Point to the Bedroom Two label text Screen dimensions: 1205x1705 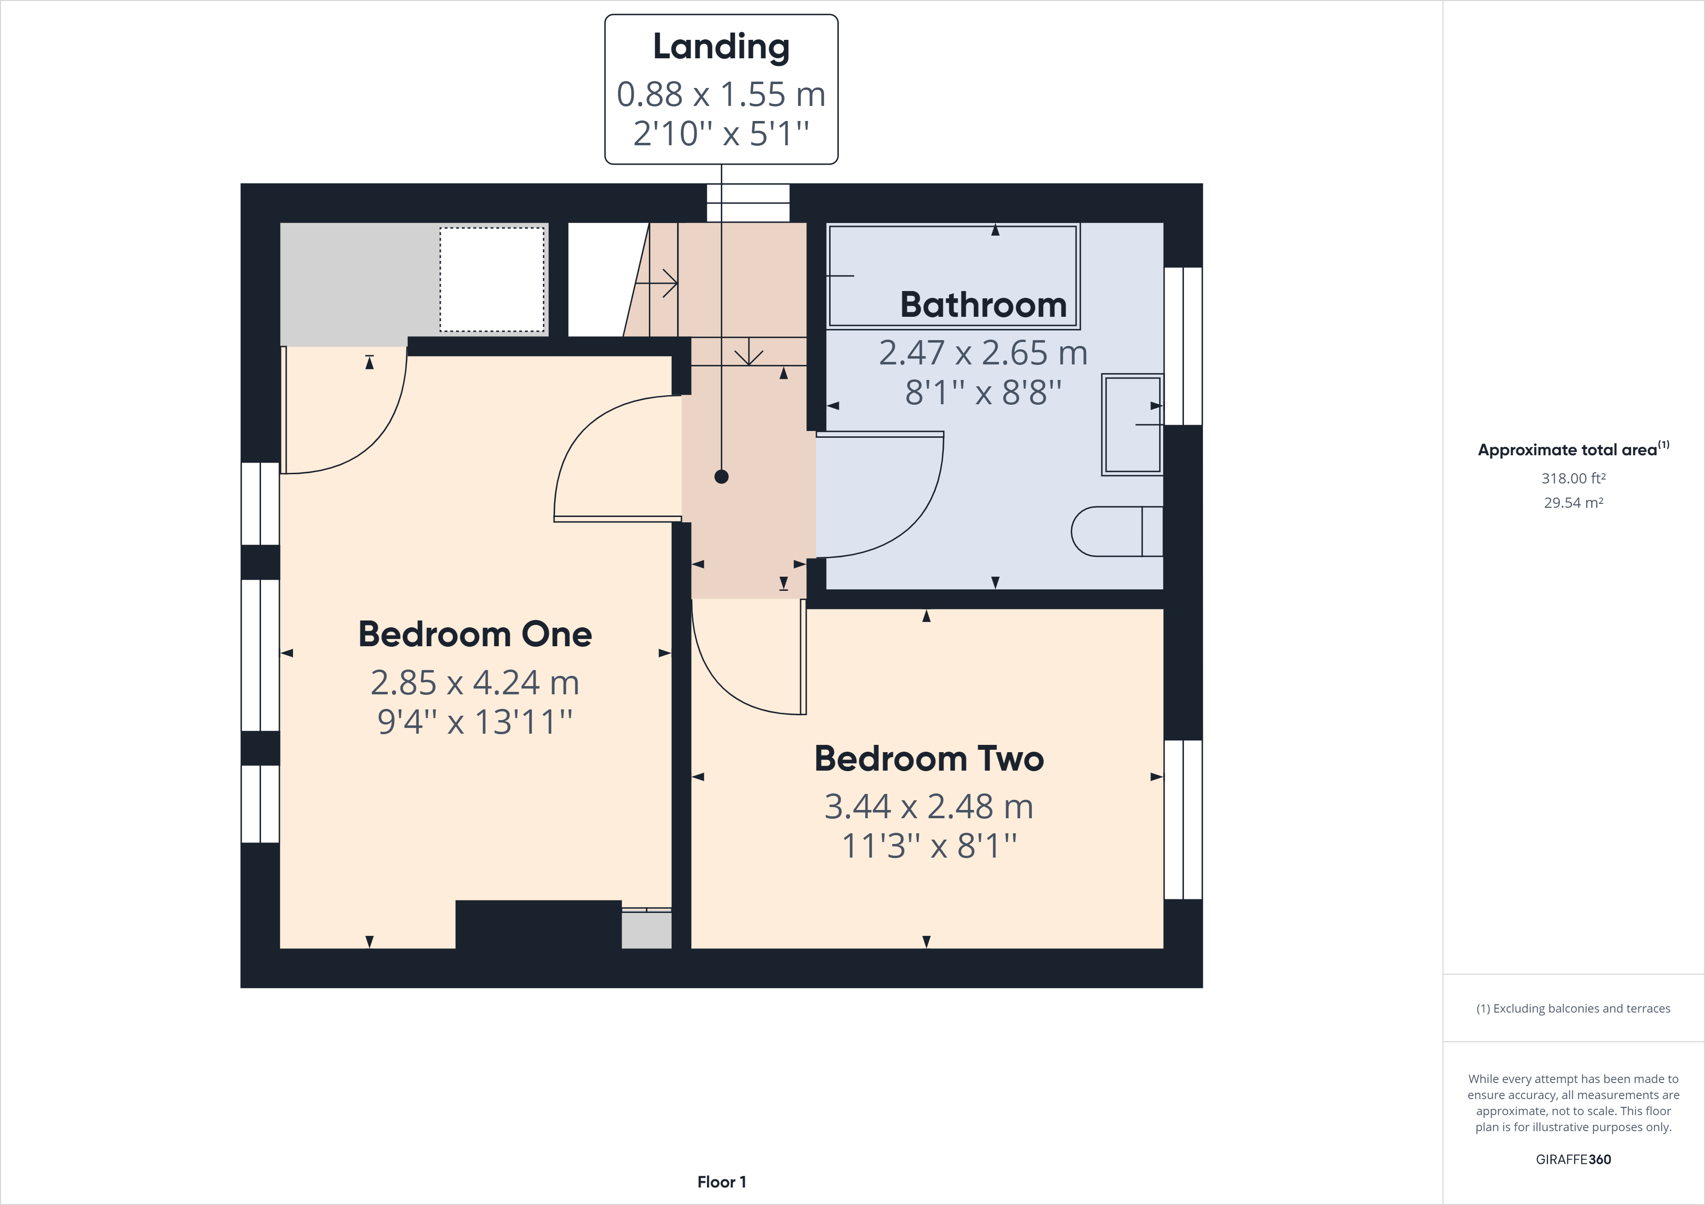click(x=928, y=759)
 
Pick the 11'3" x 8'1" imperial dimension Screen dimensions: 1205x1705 click(x=928, y=845)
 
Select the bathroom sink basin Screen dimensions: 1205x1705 click(x=1131, y=425)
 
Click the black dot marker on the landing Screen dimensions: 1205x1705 click(x=721, y=477)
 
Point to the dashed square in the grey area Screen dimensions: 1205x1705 click(x=491, y=279)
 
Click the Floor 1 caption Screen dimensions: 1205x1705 click(x=721, y=1182)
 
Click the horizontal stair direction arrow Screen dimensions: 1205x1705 click(x=657, y=283)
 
